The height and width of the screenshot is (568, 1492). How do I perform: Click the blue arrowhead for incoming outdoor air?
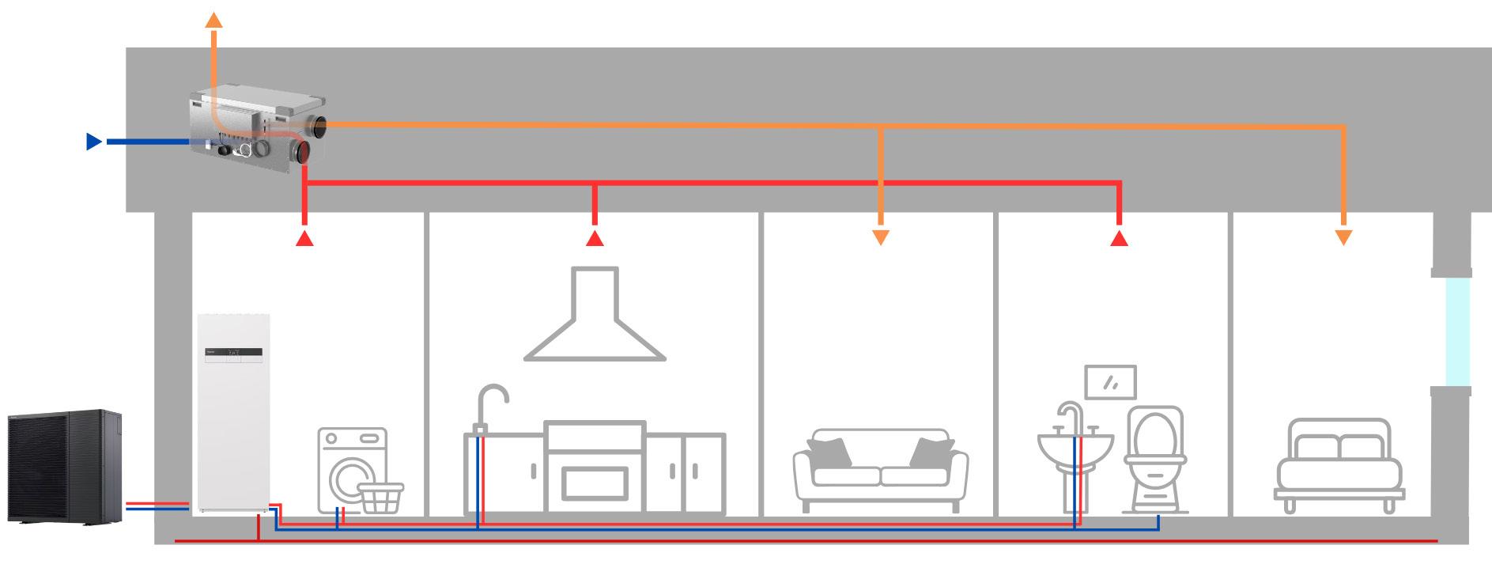coord(93,142)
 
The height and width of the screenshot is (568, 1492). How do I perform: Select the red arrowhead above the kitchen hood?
coord(595,238)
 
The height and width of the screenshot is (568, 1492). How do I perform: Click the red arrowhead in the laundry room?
coord(305,238)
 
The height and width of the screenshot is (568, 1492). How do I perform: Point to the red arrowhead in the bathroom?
coord(1118,238)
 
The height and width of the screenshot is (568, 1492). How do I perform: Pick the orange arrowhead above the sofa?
coord(881,237)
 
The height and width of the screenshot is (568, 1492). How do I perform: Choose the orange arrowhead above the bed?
coord(1343,237)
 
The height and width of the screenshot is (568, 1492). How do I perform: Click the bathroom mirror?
coord(1111,382)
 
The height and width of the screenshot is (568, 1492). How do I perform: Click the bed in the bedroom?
coord(1339,463)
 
